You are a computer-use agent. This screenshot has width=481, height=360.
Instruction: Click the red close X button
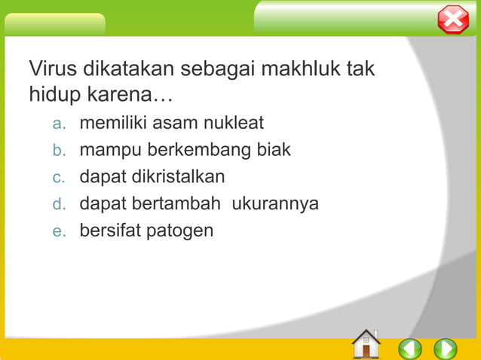coord(453,19)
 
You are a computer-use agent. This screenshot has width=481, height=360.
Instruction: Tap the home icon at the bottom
coord(366,344)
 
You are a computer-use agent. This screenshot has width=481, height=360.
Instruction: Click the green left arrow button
coord(410,349)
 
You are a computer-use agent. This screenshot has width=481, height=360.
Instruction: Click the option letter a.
coord(59,123)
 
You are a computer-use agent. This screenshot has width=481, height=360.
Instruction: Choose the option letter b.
coord(59,150)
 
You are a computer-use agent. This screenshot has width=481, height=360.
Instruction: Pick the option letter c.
coord(59,177)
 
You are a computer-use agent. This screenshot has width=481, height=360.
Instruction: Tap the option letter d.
coord(59,204)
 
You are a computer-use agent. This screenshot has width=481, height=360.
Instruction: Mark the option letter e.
coord(59,231)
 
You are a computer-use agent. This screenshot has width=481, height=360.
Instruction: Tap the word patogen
coord(181,231)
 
